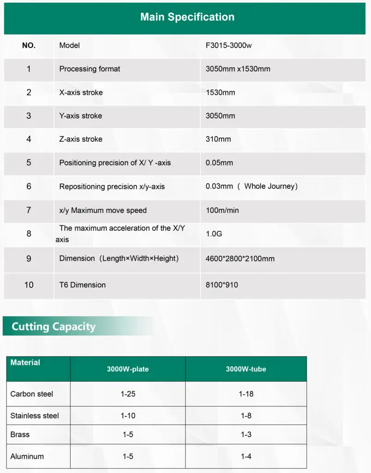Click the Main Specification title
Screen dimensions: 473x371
click(x=187, y=17)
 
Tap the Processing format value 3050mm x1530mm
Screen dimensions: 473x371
click(x=238, y=69)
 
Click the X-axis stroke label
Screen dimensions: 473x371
click(x=81, y=92)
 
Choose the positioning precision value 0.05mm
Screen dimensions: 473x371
click(x=219, y=163)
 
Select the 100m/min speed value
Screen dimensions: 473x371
click(x=222, y=210)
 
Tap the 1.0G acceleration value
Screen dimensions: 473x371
click(x=214, y=234)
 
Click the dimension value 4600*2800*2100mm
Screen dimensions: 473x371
click(x=239, y=259)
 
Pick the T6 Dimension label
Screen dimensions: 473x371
click(x=82, y=285)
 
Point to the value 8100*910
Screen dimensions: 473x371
click(x=221, y=285)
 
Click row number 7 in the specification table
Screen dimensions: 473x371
click(x=29, y=210)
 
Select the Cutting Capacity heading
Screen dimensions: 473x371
click(x=54, y=327)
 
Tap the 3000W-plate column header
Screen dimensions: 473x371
click(x=128, y=369)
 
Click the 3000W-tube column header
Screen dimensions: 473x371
click(x=246, y=369)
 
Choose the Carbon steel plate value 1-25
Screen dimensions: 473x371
click(x=128, y=394)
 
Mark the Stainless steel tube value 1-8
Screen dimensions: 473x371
click(x=246, y=416)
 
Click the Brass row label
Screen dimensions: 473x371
click(x=20, y=435)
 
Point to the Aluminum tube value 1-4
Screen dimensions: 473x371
click(x=246, y=456)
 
